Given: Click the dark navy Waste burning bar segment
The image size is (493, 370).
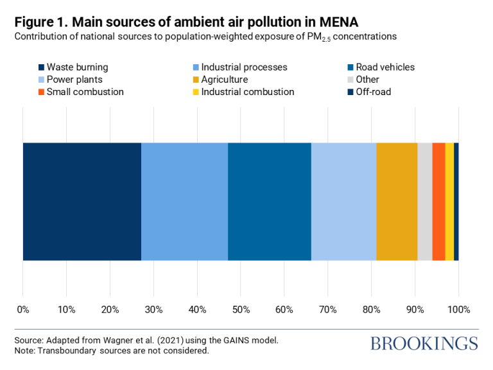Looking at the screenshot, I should click(82, 202).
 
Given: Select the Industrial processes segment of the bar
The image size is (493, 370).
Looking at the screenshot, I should click(184, 202).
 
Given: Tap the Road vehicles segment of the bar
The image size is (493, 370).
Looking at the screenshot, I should click(270, 202).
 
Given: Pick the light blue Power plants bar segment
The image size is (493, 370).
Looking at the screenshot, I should click(343, 202).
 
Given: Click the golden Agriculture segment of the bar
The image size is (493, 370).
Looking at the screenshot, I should click(397, 202).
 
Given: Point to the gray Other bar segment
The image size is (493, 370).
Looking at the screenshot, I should click(424, 202).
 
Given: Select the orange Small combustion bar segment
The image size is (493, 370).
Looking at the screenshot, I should click(438, 202).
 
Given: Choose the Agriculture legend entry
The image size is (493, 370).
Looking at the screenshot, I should click(223, 80).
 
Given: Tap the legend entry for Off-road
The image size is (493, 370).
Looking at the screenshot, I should click(373, 92).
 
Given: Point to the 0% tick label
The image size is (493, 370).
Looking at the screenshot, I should click(23, 310).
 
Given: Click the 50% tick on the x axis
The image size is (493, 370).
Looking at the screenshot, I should click(241, 310).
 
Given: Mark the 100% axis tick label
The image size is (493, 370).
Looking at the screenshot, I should click(458, 310).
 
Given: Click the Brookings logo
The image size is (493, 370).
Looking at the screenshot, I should click(424, 343).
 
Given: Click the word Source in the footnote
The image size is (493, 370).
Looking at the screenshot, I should click(29, 340).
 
